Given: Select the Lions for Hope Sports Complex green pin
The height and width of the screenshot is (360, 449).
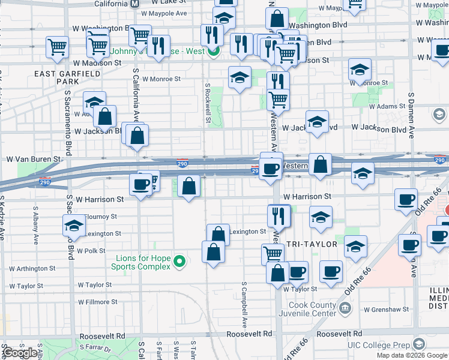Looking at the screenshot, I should [179, 261].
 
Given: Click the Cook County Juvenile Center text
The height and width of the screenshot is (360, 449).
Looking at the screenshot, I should [307, 310].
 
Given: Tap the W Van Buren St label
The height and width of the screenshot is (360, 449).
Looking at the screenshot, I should [34, 160].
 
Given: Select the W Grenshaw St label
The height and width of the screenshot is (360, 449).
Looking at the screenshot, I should [386, 310].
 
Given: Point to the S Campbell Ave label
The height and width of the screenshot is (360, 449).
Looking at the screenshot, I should [244, 300].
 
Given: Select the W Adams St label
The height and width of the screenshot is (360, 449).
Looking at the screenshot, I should [387, 106].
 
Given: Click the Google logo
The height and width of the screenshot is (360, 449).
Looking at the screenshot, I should [20, 353].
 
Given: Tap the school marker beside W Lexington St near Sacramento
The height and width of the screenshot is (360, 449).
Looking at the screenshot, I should [74, 226].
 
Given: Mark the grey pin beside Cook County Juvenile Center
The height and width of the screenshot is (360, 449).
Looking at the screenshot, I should [345, 308].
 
